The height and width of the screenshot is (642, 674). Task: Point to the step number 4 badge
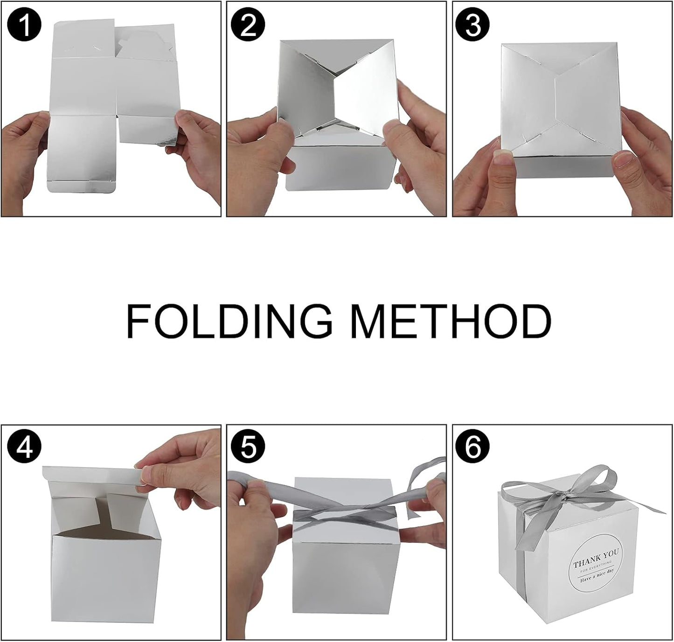click(24, 448)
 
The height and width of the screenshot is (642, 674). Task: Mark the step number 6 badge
click(472, 448)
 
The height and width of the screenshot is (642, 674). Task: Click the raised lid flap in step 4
click(93, 476)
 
